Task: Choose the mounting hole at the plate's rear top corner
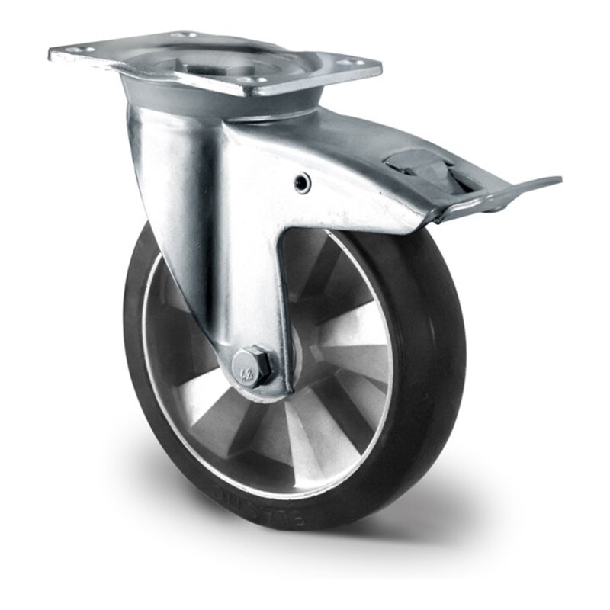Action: click(182, 34)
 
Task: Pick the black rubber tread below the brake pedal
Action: click(438, 305)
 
